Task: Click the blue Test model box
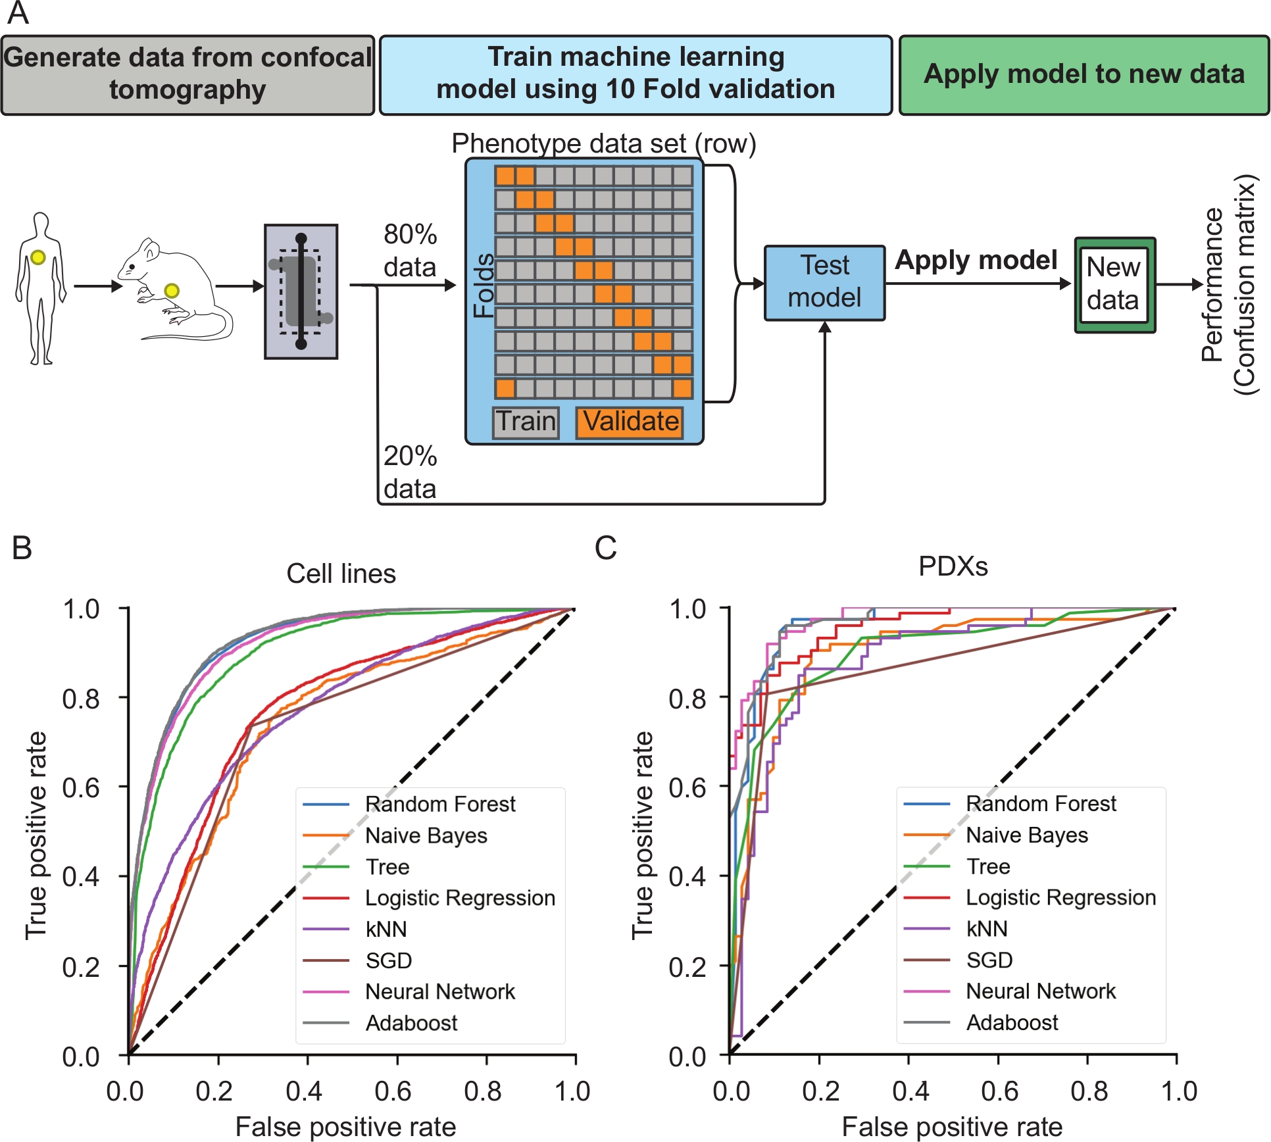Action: point(824,283)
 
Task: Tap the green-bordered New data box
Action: point(1114,285)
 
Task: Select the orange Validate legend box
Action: point(630,422)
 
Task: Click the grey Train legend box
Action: point(526,422)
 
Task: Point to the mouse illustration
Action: point(174,289)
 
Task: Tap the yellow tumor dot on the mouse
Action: point(172,291)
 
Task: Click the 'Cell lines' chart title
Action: point(341,574)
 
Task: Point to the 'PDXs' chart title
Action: point(953,566)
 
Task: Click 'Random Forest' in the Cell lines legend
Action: point(440,804)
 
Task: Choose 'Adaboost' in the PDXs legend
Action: point(1012,1022)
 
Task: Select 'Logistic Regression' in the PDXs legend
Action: point(1060,897)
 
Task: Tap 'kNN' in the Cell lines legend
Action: point(386,929)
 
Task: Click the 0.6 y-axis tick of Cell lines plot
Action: point(82,787)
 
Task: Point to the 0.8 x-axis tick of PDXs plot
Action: point(1089,1091)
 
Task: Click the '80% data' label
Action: point(410,251)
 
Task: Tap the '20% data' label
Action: point(410,472)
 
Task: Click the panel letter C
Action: point(605,547)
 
